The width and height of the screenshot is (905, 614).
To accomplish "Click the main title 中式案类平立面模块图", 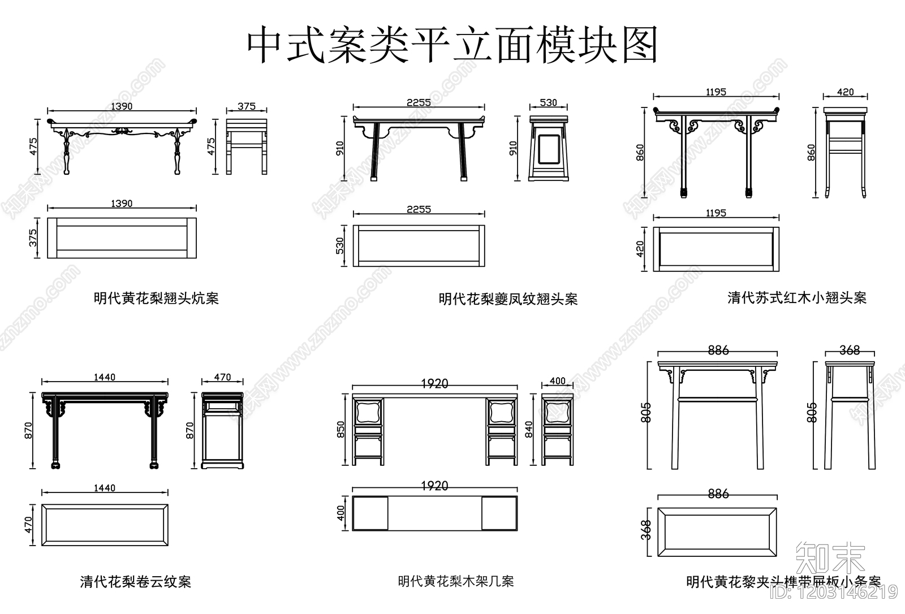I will [453, 45].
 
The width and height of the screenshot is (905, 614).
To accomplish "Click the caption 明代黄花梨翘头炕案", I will [156, 298].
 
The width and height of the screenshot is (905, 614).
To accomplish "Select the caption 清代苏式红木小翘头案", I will [796, 297].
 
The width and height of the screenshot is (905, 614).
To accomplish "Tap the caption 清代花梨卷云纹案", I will [135, 581].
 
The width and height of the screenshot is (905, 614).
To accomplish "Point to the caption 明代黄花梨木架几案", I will [456, 581].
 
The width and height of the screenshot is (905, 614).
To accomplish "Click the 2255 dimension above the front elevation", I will [419, 102].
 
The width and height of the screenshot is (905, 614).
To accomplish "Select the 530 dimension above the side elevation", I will [548, 102].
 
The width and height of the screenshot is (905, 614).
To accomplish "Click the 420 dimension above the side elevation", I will [845, 92].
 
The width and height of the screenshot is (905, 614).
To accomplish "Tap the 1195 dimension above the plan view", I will [716, 213].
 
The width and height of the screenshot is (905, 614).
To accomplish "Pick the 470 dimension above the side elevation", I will [222, 377].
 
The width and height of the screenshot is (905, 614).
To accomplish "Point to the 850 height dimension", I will [340, 430].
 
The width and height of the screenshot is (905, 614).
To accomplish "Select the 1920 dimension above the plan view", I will [434, 486].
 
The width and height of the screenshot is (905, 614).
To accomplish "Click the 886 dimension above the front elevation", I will [718, 351].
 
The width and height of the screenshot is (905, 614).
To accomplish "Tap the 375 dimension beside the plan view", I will [33, 237].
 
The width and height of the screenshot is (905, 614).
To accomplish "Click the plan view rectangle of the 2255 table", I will [419, 246].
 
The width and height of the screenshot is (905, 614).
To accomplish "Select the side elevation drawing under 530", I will [548, 148].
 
